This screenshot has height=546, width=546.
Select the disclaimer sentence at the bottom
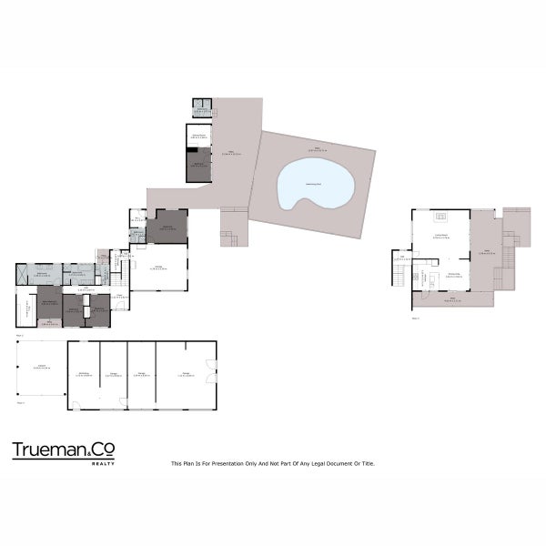[273, 463]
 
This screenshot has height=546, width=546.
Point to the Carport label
[41, 367]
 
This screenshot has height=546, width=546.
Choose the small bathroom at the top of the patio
[200, 109]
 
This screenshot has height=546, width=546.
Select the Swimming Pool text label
[314, 184]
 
